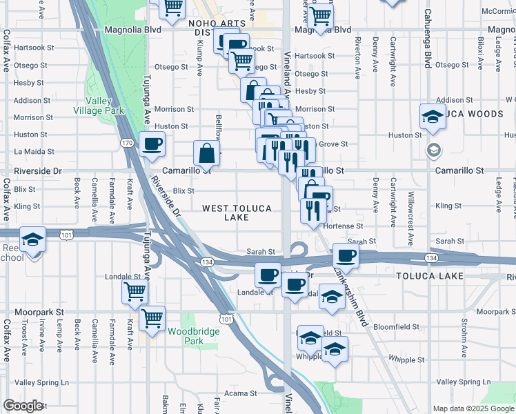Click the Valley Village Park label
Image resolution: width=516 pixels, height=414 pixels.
coord(99,106)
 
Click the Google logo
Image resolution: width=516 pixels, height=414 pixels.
coord(23,406)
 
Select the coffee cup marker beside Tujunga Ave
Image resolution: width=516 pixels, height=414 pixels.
coord(152,144)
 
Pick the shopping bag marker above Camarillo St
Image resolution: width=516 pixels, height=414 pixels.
coord(207,153)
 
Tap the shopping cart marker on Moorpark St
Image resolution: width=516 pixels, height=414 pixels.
coord(152,318)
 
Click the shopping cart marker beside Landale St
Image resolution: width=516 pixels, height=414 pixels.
coord(135,290)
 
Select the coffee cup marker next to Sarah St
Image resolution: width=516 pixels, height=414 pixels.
coord(346,255)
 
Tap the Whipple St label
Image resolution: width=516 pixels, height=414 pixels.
coord(406,359)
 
